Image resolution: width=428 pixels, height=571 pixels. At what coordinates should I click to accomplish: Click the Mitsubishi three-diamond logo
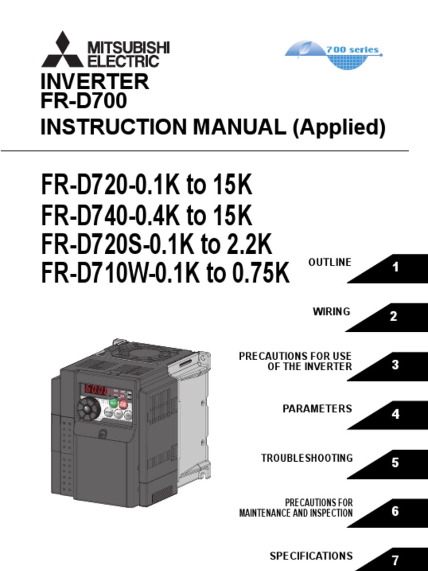tap(62, 50)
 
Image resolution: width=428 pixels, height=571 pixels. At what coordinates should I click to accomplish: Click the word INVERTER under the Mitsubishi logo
tap(95, 82)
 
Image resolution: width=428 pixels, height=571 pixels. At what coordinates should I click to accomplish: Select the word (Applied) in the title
tap(339, 128)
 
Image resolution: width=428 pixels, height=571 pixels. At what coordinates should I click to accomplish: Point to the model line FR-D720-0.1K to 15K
tap(147, 186)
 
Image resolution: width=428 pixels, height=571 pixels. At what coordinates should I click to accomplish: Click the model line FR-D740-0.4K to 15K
tap(147, 215)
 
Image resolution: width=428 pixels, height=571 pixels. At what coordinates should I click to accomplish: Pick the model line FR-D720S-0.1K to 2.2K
tap(157, 245)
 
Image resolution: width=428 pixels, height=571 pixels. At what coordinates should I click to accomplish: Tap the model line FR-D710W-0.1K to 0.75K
tap(166, 274)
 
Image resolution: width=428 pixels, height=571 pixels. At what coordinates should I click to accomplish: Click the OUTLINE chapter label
tap(330, 262)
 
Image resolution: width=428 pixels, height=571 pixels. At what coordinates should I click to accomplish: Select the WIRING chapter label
tap(332, 311)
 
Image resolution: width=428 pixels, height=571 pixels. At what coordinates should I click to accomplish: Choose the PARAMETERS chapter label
tap(317, 409)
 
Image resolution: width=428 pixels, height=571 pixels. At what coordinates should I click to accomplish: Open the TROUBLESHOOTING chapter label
tap(307, 458)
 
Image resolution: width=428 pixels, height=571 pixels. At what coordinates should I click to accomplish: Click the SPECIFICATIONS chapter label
tap(311, 556)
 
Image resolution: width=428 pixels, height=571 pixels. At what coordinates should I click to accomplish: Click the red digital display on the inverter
tap(96, 389)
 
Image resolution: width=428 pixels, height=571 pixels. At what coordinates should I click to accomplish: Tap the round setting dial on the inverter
tap(88, 409)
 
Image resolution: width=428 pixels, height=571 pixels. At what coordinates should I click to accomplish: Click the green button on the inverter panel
tap(113, 403)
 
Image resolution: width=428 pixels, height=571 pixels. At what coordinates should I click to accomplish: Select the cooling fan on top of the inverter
tap(134, 352)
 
